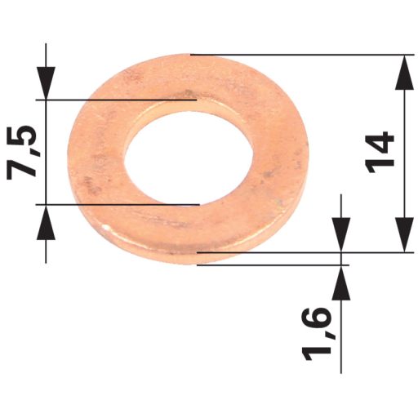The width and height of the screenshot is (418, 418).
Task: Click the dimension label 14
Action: pyautogui.click(x=380, y=152)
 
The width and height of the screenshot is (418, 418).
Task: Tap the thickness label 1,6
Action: pyautogui.click(x=317, y=333)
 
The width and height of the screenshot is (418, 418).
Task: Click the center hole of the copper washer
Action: pyautogui.click(x=188, y=158)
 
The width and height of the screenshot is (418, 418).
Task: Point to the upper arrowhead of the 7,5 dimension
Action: pyautogui.click(x=46, y=82)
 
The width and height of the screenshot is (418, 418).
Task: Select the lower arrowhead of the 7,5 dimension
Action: pyautogui.click(x=46, y=222)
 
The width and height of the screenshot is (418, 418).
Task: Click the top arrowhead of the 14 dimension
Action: pyautogui.click(x=404, y=73)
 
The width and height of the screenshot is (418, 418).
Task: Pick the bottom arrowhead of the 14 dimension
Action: pyautogui.click(x=404, y=235)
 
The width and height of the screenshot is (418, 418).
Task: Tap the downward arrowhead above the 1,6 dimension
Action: pyautogui.click(x=341, y=235)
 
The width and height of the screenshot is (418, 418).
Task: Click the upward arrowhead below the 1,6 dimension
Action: pyautogui.click(x=341, y=282)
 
